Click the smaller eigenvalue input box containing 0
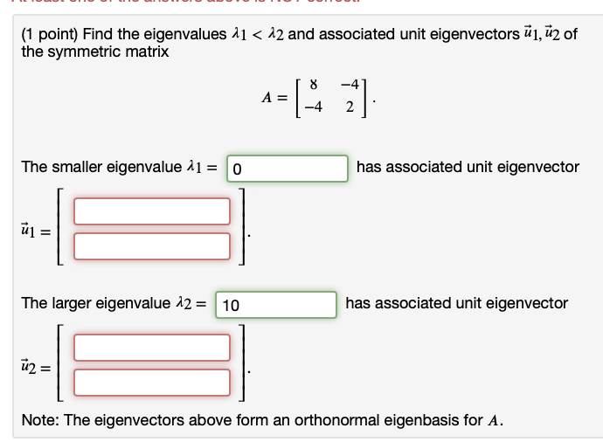coord(287,167)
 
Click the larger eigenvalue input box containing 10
coord(276,304)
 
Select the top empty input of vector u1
coord(152,211)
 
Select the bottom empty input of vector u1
coord(152,245)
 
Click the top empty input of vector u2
coord(152,348)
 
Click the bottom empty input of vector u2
coord(152,382)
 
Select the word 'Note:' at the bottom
coord(40,419)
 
